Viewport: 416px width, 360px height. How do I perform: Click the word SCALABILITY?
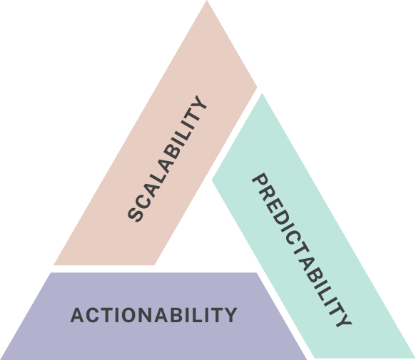(x=167, y=158)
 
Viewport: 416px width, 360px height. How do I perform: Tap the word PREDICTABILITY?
(x=302, y=250)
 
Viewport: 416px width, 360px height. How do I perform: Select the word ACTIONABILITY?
(x=153, y=315)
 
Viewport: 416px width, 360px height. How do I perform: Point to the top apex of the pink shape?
(x=207, y=1)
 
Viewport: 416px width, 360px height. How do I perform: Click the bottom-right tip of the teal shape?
(x=415, y=358)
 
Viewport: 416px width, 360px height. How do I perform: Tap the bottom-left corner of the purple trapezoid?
(x=1, y=359)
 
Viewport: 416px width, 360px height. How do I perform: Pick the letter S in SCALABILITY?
(x=136, y=214)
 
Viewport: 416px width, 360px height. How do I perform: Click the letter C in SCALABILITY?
(x=143, y=201)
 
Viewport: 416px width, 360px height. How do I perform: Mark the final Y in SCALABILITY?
(x=198, y=104)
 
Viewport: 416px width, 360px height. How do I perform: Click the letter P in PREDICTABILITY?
(x=260, y=182)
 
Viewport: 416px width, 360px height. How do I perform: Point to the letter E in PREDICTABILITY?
(x=275, y=207)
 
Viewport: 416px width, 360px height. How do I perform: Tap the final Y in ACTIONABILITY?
(x=230, y=315)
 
